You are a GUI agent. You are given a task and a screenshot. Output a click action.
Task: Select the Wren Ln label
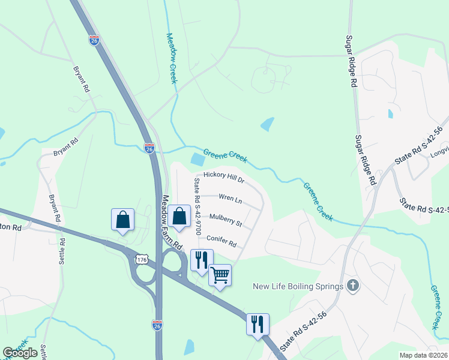230,197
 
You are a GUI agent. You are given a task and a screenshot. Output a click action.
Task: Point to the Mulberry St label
225,220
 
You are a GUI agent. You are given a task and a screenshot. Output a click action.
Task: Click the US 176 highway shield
142,259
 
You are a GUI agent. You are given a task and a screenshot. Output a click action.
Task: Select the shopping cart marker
220,275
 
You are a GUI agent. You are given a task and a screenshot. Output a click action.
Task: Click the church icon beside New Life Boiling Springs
354,286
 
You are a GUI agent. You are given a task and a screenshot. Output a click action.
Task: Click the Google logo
20,353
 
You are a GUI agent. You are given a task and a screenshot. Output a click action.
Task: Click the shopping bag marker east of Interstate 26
179,217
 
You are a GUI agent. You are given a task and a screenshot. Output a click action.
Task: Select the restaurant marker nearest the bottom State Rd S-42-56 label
258,325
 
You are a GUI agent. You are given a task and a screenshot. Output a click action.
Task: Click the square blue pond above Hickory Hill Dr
197,160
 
